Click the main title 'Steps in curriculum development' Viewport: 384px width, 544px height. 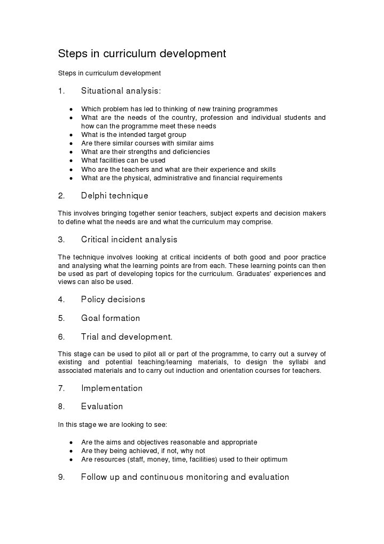tap(142, 54)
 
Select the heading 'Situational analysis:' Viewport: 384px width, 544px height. tap(121, 91)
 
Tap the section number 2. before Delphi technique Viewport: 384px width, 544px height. tap(61, 196)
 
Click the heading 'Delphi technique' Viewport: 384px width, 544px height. tap(114, 196)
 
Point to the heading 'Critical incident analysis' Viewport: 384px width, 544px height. tap(129, 240)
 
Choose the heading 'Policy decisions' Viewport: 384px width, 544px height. tap(113, 300)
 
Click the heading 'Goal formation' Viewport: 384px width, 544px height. tap(110, 318)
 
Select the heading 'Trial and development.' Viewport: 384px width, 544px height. tap(127, 337)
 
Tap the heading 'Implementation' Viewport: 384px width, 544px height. tap(112, 388)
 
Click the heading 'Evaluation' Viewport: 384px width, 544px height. tap(101, 407)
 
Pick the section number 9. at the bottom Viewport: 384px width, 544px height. tap(61, 477)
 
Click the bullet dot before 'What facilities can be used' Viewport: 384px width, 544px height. tap(71, 161)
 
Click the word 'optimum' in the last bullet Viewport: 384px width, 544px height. tap(273, 459)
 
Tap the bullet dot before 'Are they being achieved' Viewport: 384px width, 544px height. tap(71, 451)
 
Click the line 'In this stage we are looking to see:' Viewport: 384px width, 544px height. tap(112, 425)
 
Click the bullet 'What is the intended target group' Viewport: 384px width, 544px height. tap(134, 135)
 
